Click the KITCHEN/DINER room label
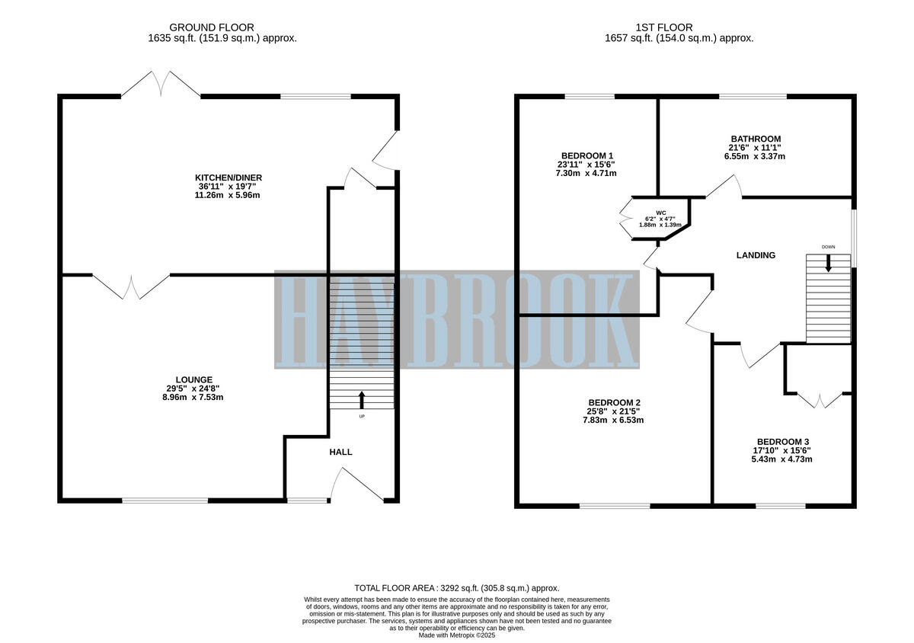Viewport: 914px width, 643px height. (x=228, y=178)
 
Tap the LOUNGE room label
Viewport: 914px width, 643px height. (x=193, y=379)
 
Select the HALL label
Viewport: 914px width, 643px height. (x=340, y=452)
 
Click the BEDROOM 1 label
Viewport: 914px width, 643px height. (x=587, y=155)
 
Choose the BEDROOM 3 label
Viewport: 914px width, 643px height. (x=782, y=442)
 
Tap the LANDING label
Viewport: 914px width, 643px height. (x=755, y=255)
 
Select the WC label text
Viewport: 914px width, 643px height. (x=650, y=213)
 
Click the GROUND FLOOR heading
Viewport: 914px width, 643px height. (x=213, y=27)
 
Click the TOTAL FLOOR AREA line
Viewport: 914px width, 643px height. (x=456, y=588)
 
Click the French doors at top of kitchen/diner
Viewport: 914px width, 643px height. (x=161, y=84)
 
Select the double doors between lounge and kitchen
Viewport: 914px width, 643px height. (x=131, y=286)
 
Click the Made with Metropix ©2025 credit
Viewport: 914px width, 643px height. (x=456, y=635)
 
